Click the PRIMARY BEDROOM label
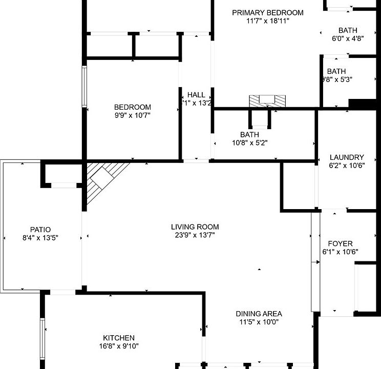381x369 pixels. (x=267, y=13)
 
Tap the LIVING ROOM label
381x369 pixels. (x=195, y=227)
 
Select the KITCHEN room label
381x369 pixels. (x=119, y=338)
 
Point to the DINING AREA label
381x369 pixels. (x=259, y=314)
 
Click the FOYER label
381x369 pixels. (x=340, y=243)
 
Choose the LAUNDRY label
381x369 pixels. (x=347, y=157)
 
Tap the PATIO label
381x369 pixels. (x=40, y=229)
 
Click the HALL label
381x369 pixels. (x=196, y=95)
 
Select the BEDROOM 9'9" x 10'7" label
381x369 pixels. (x=133, y=107)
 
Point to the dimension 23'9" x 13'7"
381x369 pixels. (x=195, y=235)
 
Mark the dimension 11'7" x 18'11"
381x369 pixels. (x=267, y=21)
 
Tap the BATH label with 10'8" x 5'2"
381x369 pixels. (x=249, y=134)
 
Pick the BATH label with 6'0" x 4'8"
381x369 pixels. (x=348, y=30)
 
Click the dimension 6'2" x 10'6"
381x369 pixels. (x=347, y=166)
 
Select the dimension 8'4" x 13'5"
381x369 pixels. (x=40, y=237)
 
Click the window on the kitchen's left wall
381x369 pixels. (x=43, y=333)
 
